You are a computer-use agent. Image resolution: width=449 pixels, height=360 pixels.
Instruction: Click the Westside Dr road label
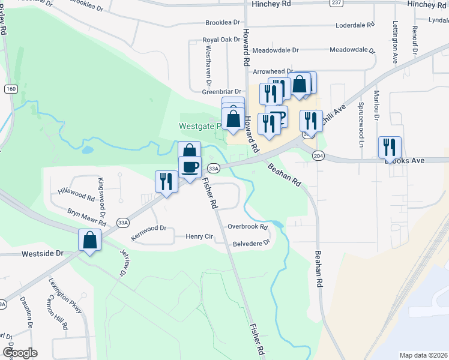[x=43, y=254]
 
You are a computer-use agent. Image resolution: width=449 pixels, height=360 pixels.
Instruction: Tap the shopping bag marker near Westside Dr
[x=89, y=241]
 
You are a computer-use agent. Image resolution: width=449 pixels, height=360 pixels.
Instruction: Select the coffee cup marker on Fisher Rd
[x=190, y=167]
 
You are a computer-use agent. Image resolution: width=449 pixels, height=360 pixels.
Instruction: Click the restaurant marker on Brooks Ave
[x=390, y=147]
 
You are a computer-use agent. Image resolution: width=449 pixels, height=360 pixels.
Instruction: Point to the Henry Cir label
[x=200, y=237]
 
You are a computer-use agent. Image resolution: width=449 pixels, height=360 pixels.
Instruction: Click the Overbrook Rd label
[x=247, y=226]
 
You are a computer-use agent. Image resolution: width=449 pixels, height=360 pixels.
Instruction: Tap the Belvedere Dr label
[x=252, y=244]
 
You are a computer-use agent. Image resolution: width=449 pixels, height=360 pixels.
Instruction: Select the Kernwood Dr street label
[x=148, y=233]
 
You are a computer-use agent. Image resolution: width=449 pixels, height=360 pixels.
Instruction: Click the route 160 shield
[x=10, y=89]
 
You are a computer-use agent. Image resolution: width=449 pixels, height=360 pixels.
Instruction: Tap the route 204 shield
[x=318, y=155]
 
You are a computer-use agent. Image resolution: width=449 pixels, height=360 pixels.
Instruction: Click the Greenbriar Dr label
[x=221, y=92]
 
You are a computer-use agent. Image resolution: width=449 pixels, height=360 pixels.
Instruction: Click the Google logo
[x=20, y=353]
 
